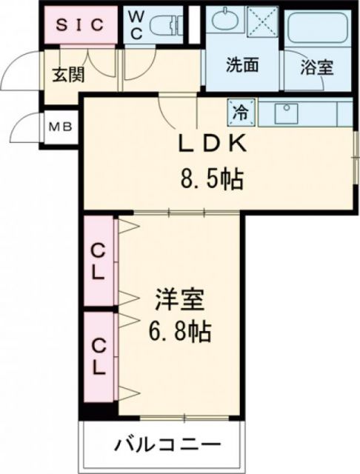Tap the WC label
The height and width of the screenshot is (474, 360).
point(136,24)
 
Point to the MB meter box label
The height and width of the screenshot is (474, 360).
point(61,127)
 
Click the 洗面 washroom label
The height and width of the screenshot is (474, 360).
point(242,65)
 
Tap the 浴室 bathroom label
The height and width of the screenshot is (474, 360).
point(316,67)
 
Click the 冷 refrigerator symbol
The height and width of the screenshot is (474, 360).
point(241,112)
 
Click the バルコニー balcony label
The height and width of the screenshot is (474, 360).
point(167,446)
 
